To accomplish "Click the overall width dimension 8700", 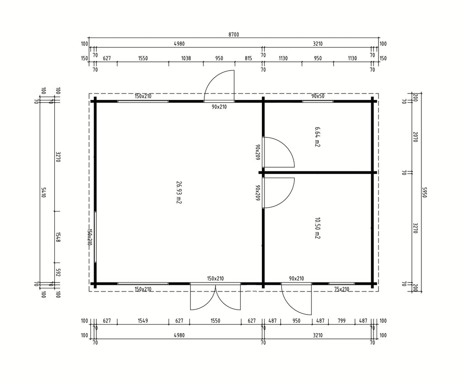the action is click(234, 34).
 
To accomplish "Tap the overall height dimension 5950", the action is click(425, 193).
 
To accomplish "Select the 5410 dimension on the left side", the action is click(43, 193).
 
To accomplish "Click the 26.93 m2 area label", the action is click(178, 193).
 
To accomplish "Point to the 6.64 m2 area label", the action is click(317, 137).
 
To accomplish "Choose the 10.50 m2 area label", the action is click(317, 228).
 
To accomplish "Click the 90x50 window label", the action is click(318, 96).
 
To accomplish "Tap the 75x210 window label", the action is click(342, 289).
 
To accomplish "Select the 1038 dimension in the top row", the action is click(186, 58).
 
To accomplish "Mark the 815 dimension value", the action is click(248, 58).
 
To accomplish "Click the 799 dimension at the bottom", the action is click(341, 320).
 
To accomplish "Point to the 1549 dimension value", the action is click(143, 320).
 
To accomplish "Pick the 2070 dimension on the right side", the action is click(415, 137).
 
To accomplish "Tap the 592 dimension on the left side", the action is click(58, 273).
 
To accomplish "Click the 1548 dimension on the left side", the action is click(58, 237).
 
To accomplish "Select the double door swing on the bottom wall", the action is click(215, 296).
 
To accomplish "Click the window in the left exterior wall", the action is click(95, 237).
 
